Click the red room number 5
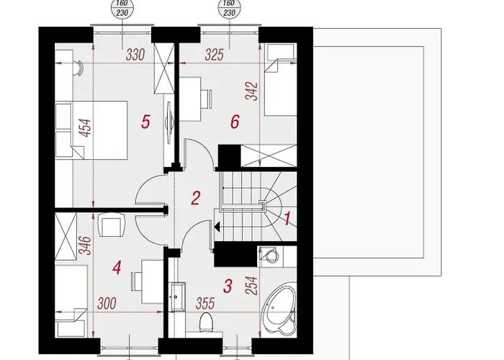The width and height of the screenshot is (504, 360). [145, 122]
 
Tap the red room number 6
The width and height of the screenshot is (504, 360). [235, 122]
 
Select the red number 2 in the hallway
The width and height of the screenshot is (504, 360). [195, 198]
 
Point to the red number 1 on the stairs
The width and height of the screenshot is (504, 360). [287, 219]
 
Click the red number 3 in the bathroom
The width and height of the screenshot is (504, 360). [228, 286]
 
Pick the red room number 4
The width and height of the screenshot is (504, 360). [117, 268]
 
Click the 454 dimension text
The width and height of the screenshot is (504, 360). [86, 128]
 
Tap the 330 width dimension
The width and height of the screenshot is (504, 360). [135, 55]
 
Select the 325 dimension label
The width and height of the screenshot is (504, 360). [214, 55]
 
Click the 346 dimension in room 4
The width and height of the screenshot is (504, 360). [86, 246]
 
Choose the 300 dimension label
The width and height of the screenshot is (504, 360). [107, 303]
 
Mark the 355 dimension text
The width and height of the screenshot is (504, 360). [205, 303]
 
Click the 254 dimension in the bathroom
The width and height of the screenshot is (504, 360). [252, 285]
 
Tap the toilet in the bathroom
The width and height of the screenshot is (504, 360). [206, 323]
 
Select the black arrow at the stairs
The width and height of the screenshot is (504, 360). [217, 227]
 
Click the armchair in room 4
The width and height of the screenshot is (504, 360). [111, 225]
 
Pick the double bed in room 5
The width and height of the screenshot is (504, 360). [91, 130]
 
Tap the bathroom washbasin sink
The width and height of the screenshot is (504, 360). [176, 297]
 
